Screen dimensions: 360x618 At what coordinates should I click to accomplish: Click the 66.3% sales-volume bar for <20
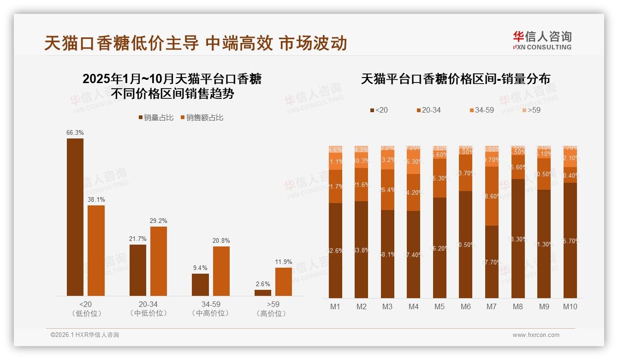[75, 217]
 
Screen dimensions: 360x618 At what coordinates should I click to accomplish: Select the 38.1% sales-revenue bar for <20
[96, 251]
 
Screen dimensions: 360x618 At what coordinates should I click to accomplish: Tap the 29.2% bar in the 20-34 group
[159, 261]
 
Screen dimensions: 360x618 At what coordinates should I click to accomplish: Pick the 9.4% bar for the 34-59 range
[200, 285]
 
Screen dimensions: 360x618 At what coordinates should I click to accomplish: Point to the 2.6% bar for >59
[263, 293]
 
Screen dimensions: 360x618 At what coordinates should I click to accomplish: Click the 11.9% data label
[284, 262]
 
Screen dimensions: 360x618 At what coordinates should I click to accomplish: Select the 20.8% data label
[221, 241]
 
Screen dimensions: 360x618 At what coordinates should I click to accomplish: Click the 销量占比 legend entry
[156, 118]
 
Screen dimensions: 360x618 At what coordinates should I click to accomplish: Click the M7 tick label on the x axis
[492, 306]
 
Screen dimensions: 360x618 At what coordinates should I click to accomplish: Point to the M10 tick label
[570, 306]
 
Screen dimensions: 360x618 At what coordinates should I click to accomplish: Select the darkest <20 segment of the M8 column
[518, 239]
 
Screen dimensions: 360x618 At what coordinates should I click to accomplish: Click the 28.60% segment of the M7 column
[492, 196]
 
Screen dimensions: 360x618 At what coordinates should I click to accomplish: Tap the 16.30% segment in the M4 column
[414, 162]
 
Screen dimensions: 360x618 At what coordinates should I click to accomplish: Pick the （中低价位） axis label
[149, 313]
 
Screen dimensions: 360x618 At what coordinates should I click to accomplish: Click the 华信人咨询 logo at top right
[542, 40]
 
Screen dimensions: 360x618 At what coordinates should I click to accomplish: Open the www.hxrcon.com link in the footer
[536, 335]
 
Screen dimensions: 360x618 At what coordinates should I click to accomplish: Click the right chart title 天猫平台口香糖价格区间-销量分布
[455, 79]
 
